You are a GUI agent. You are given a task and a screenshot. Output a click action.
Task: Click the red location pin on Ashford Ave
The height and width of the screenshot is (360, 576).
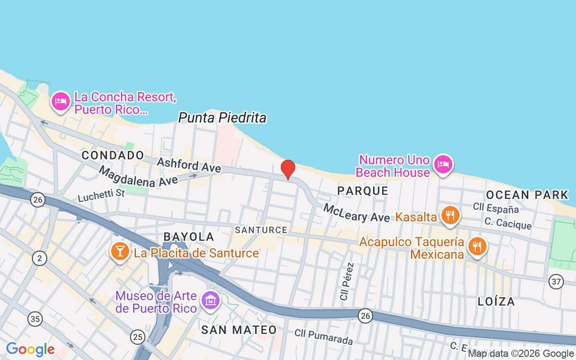[288, 169]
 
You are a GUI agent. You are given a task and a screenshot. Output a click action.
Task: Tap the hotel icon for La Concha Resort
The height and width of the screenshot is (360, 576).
[60, 101]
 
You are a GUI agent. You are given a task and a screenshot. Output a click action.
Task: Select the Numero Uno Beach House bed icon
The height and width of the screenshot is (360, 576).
[443, 164]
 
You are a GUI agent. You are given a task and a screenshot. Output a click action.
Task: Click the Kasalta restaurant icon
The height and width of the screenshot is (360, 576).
[450, 216]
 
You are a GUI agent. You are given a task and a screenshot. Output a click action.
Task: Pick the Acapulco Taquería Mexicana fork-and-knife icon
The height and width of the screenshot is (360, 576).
[477, 246]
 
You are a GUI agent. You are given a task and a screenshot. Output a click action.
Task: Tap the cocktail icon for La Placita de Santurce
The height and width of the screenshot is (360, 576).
[120, 251]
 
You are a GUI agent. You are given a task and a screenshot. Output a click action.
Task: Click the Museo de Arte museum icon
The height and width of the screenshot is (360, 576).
[210, 300]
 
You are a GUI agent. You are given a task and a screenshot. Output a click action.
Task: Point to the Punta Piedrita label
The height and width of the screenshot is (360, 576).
[222, 118]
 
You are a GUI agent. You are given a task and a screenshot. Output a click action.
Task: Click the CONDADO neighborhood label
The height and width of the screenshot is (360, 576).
[113, 155]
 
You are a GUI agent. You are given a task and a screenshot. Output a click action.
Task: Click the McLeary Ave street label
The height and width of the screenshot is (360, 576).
[356, 213]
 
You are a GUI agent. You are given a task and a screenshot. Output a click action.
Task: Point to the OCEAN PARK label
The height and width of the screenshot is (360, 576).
[527, 195]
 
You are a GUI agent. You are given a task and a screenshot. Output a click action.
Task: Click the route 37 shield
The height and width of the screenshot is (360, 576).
[556, 282]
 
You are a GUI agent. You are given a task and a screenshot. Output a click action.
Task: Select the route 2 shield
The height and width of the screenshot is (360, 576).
[40, 258]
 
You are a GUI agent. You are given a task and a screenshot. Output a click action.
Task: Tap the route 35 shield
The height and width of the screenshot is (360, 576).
[35, 319]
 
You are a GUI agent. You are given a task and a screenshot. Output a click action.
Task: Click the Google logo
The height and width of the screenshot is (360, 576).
[30, 349]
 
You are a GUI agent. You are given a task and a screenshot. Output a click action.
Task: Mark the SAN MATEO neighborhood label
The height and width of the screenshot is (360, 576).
[239, 330]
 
